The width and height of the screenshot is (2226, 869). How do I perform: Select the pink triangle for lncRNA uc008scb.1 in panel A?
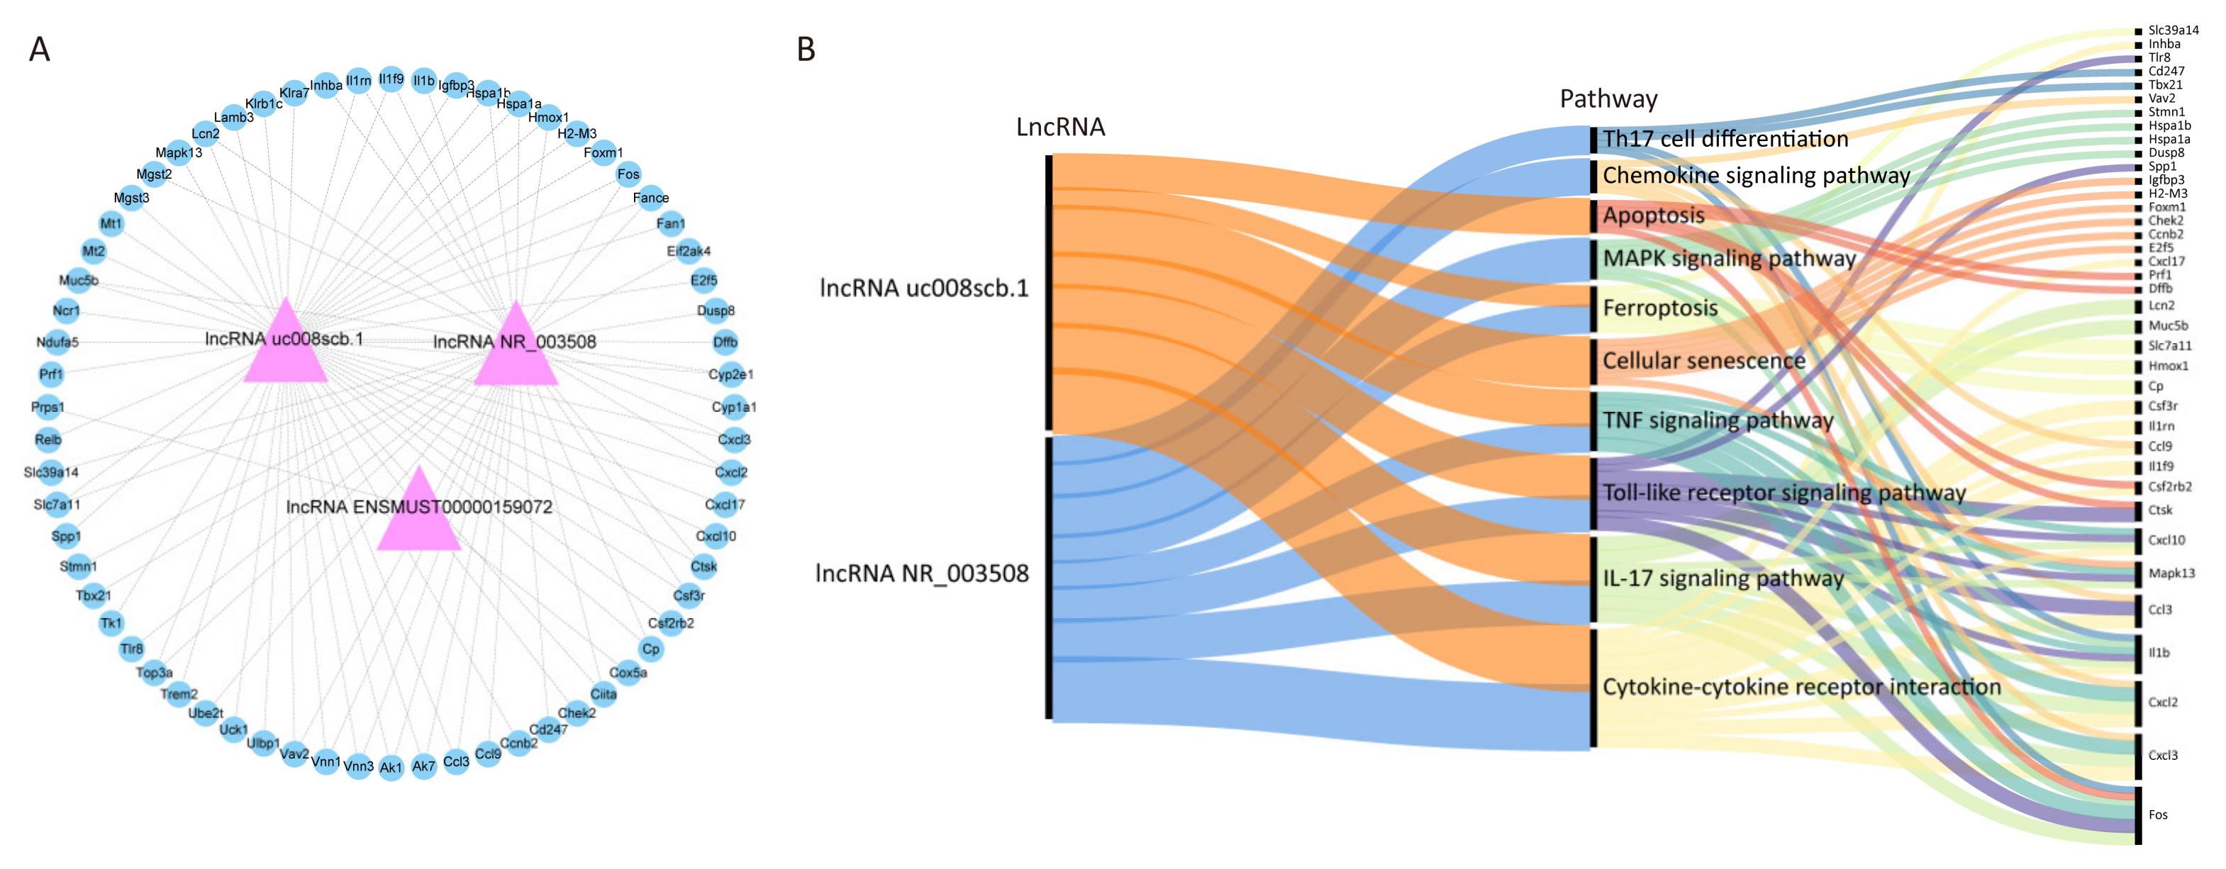pos(285,347)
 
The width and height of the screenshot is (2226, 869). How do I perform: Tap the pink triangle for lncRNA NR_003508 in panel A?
pos(516,350)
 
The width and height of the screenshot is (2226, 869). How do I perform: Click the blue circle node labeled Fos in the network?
pos(628,174)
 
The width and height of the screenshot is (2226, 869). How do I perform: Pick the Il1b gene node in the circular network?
pos(423,80)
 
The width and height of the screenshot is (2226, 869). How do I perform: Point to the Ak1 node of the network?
pos(391,767)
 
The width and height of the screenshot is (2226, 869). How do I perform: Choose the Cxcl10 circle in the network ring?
pos(716,536)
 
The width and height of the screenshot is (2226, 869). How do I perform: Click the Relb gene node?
pos(48,439)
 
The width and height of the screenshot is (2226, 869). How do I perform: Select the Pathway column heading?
pos(1608,99)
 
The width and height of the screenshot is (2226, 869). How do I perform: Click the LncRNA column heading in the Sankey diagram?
pos(1060,128)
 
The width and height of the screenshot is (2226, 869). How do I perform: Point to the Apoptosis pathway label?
pos(1653,215)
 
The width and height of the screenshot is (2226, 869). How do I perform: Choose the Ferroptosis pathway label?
pos(1659,308)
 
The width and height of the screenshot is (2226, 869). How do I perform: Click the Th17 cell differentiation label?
pos(1725,139)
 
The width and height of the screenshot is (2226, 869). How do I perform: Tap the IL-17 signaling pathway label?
pos(1723,578)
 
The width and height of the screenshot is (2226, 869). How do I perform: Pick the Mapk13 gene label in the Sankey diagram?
pos(2171,573)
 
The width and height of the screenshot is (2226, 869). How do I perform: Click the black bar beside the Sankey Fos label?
pos(2139,814)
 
